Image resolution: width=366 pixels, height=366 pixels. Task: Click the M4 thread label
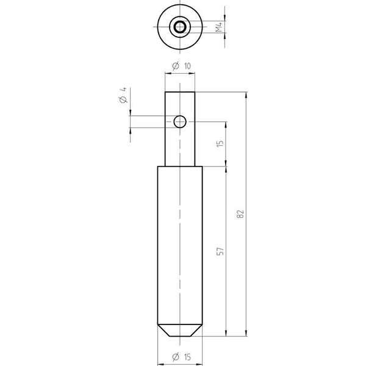pos(219,27)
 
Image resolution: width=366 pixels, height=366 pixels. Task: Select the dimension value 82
pos(240,214)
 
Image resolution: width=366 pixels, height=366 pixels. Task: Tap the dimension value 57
pos(220,251)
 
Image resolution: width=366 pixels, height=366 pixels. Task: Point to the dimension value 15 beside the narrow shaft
pos(220,142)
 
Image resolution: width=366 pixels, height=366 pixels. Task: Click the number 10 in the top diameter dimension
pos(187,66)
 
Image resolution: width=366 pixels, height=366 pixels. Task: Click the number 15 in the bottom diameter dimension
pos(187,357)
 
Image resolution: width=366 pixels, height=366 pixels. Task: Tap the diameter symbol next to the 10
pos(176,66)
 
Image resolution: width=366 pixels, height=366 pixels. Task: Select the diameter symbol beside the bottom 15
pos(176,357)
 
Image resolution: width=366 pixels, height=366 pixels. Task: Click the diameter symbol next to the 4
pos(123,99)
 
